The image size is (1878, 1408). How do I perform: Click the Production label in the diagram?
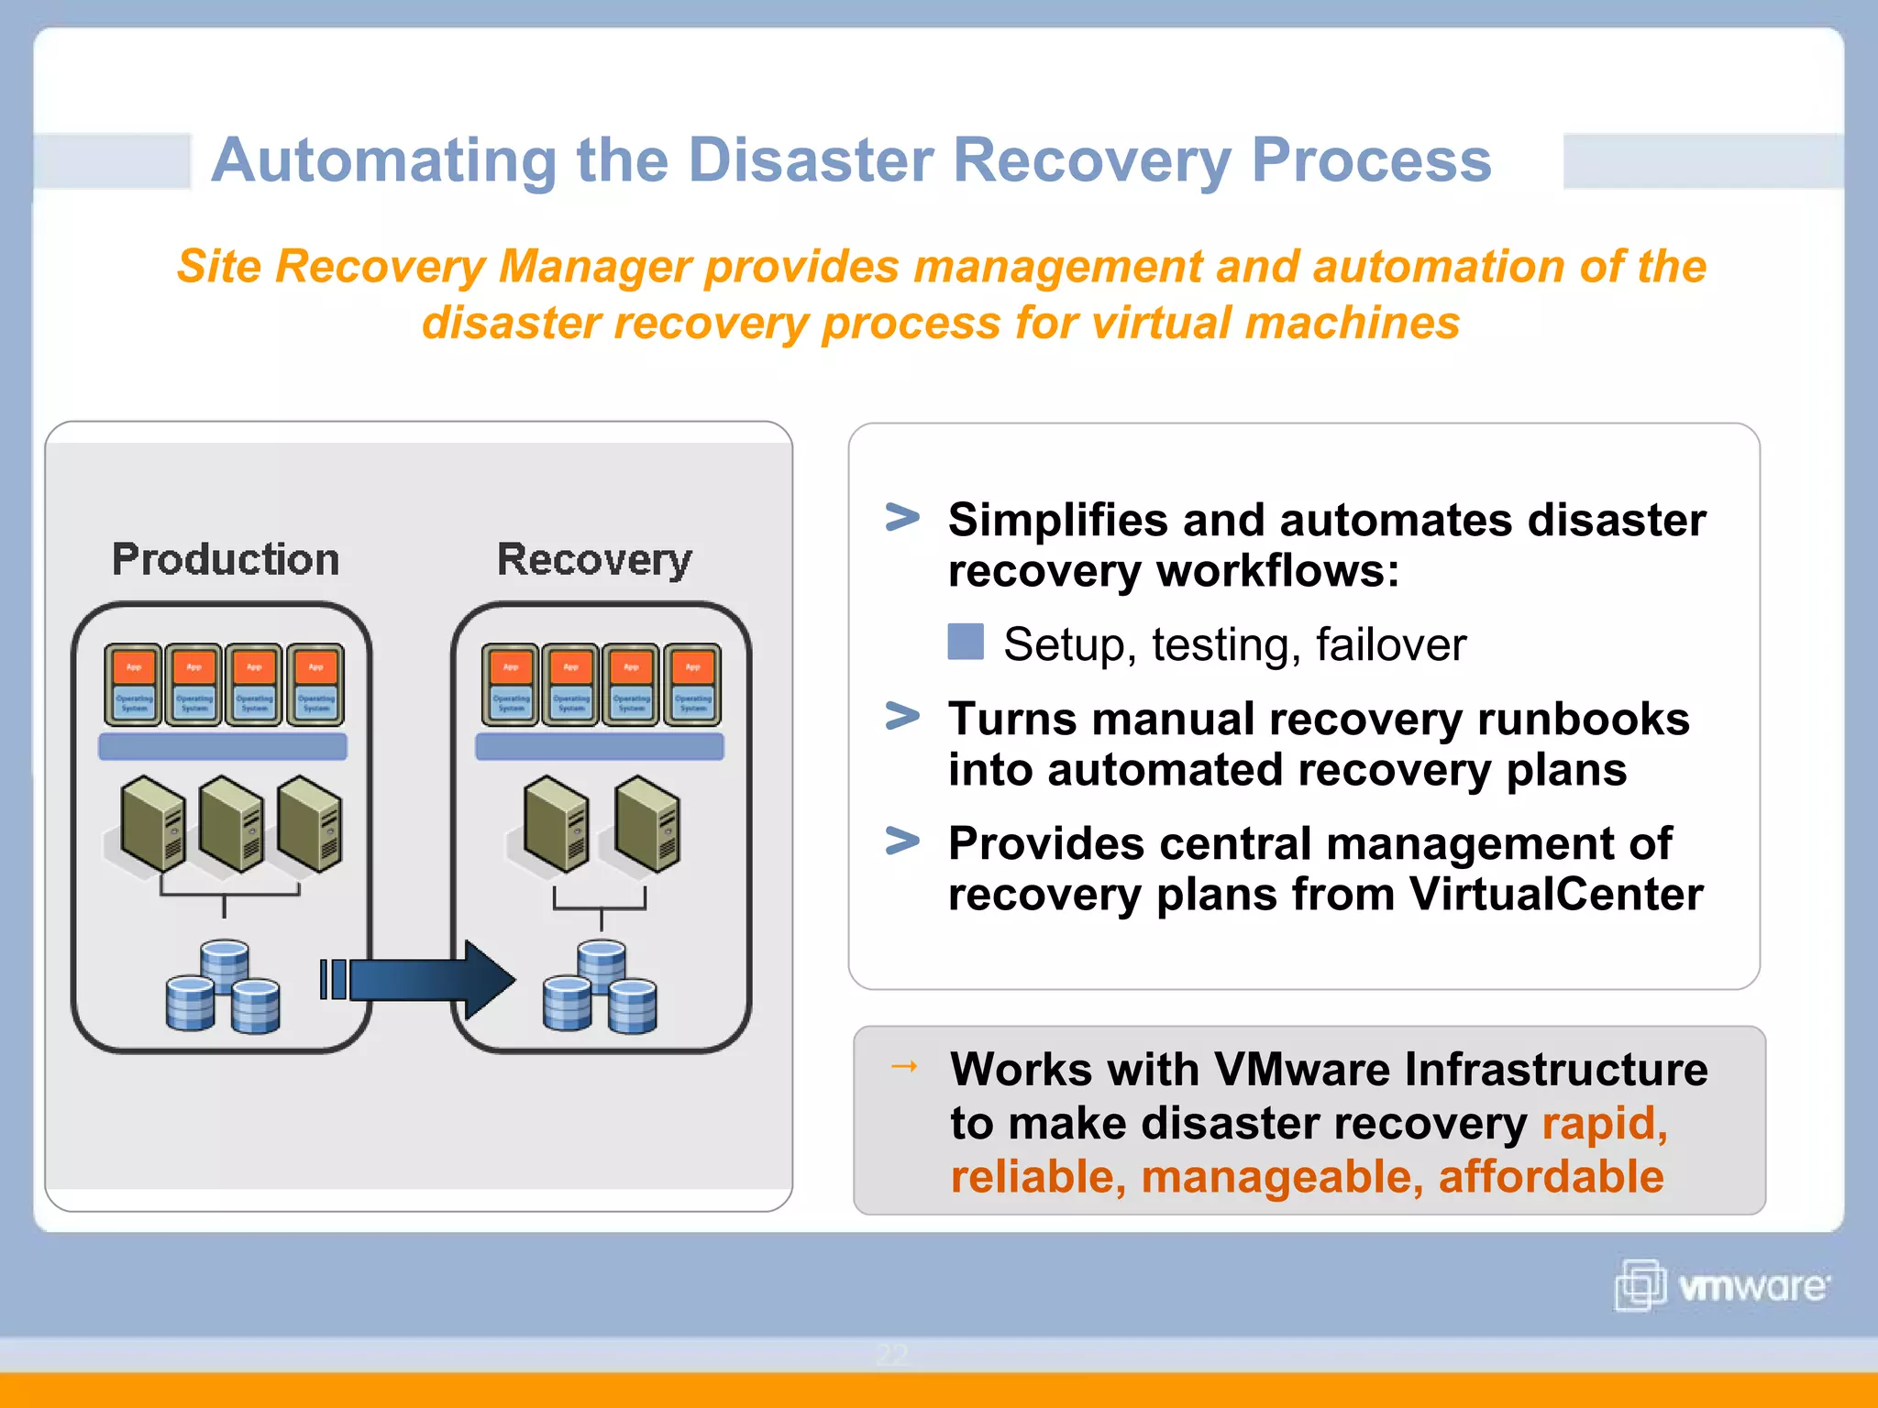point(226,559)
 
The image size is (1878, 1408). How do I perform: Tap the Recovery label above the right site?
point(594,559)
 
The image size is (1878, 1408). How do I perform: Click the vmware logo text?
point(1752,1286)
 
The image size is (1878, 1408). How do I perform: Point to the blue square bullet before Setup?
point(965,642)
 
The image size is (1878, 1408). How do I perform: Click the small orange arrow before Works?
point(904,1066)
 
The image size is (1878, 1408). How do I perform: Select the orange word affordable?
point(1551,1176)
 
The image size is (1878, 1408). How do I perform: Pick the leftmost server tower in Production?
point(152,823)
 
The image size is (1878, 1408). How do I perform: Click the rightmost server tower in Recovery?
point(648,823)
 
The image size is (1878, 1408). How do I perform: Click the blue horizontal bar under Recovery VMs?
point(600,746)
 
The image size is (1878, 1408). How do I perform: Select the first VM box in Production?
point(134,685)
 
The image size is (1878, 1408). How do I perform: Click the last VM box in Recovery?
point(692,685)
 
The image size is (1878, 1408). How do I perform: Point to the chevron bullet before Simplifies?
point(902,518)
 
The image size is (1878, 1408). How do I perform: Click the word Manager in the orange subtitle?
point(594,267)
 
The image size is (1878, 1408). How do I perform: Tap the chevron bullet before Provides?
point(902,841)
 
